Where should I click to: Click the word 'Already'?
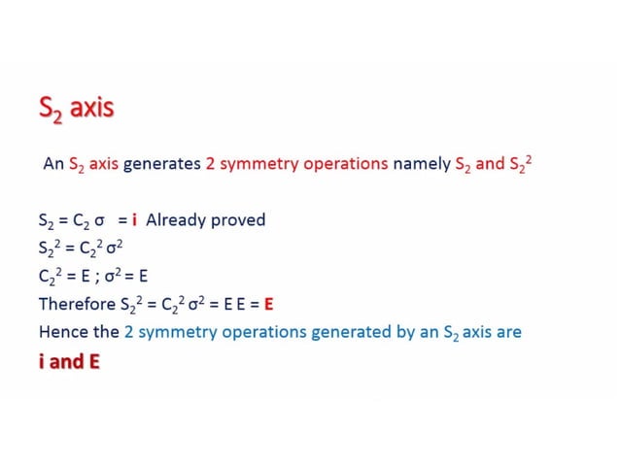pyautogui.click(x=178, y=219)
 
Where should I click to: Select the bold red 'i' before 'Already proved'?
pyautogui.click(x=133, y=219)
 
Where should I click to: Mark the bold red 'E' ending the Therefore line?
pyautogui.click(x=269, y=304)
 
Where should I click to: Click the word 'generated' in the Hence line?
pyautogui.click(x=349, y=332)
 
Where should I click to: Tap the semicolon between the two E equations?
pyautogui.click(x=94, y=276)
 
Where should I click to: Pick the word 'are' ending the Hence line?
pyautogui.click(x=509, y=332)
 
